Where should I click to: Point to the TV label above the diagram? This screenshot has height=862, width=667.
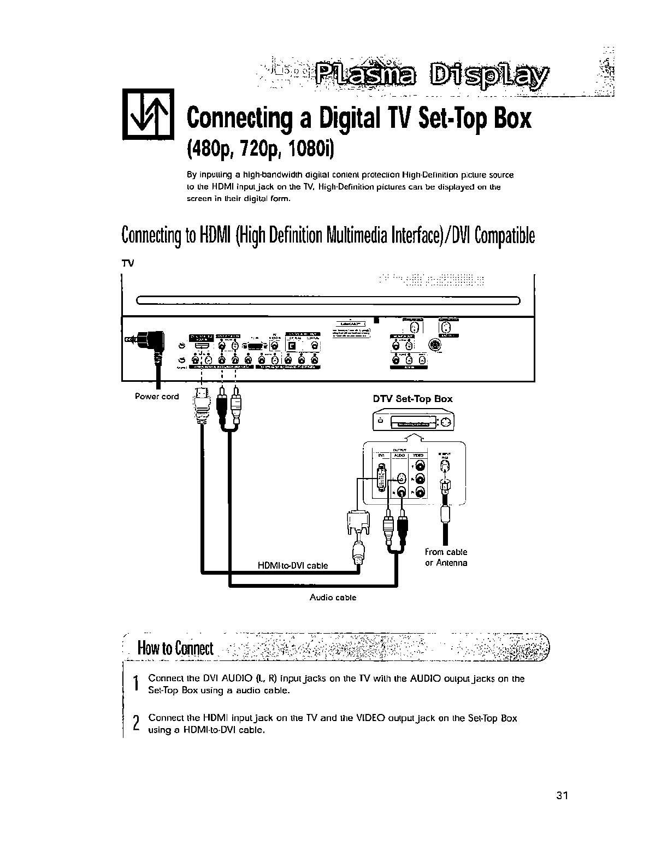[127, 263]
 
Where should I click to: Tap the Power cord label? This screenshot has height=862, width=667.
[157, 397]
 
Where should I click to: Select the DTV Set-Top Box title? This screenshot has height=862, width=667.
[412, 399]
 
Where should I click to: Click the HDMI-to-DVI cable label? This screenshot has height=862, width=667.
[292, 565]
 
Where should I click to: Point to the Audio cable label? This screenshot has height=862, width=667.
[333, 598]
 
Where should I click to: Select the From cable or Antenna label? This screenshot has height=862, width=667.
[446, 557]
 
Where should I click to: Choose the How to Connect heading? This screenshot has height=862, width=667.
[175, 648]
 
